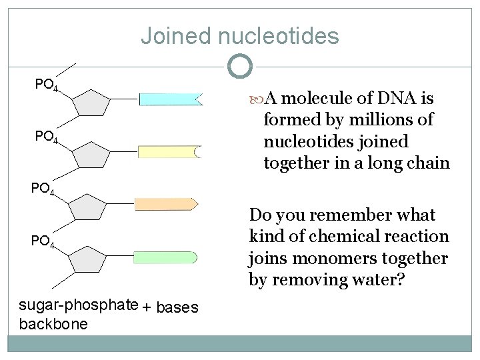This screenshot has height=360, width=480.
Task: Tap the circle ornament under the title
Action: tap(240, 66)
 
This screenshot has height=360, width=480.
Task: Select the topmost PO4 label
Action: tap(47, 85)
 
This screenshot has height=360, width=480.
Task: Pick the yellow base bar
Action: tap(169, 152)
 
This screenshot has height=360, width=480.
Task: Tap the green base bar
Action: tap(165, 257)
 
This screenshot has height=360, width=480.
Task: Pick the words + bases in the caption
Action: tap(171, 308)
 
